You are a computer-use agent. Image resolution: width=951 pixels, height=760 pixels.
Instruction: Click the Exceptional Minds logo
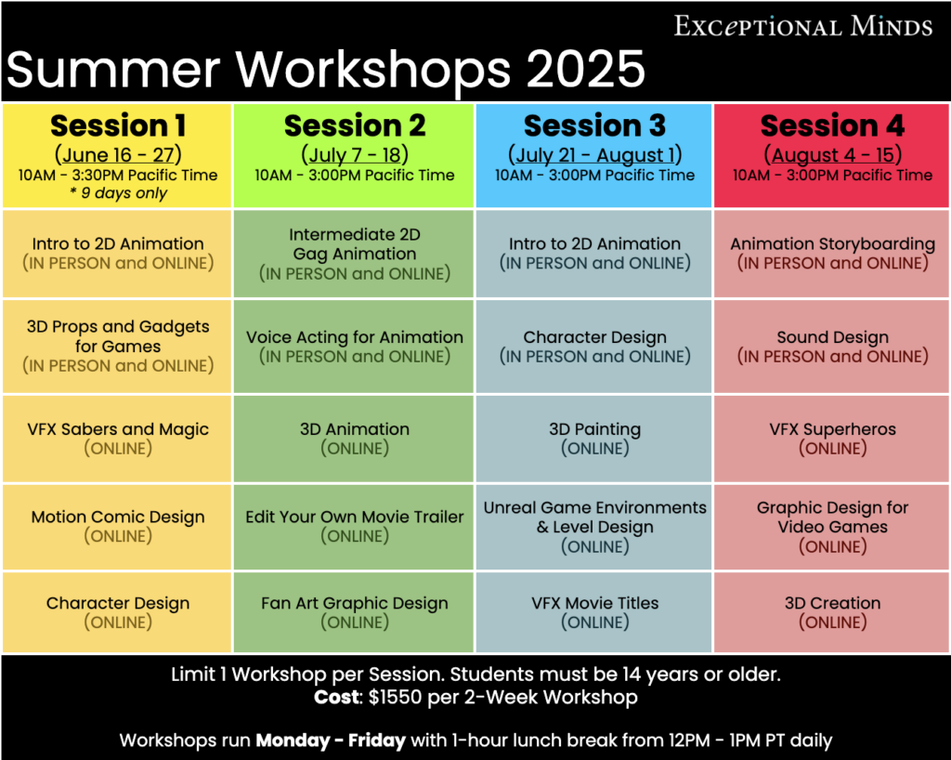(x=803, y=26)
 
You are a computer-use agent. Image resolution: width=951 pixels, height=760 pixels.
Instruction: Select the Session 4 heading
(x=832, y=125)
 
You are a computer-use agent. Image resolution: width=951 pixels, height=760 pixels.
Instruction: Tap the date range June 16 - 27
(x=118, y=155)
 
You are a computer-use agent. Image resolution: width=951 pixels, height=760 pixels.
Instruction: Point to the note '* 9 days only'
(x=118, y=193)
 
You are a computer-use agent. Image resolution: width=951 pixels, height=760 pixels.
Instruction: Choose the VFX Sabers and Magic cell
(x=117, y=439)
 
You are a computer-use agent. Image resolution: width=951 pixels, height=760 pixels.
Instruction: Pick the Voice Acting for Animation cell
(x=354, y=347)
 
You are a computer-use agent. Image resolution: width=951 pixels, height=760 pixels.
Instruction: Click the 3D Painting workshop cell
(x=594, y=439)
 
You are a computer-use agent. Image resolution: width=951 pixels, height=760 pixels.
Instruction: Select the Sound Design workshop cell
(x=832, y=347)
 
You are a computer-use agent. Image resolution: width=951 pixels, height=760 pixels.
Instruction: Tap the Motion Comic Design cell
(x=117, y=527)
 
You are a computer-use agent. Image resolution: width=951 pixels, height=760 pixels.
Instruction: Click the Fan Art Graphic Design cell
(x=354, y=612)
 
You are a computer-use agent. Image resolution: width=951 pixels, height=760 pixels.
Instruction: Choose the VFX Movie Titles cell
(x=594, y=612)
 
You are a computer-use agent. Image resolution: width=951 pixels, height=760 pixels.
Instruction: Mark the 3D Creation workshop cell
(x=832, y=612)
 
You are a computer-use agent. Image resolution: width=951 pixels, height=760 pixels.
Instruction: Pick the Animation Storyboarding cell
(x=832, y=254)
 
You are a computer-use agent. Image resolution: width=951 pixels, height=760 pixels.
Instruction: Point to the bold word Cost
(x=336, y=698)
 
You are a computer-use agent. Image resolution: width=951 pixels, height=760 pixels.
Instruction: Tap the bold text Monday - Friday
(x=331, y=740)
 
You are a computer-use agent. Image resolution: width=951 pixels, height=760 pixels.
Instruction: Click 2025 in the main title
(x=585, y=69)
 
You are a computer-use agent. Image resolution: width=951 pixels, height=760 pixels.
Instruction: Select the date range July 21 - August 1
(x=594, y=155)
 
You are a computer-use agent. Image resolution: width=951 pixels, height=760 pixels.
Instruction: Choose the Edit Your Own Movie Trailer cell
(x=354, y=527)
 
